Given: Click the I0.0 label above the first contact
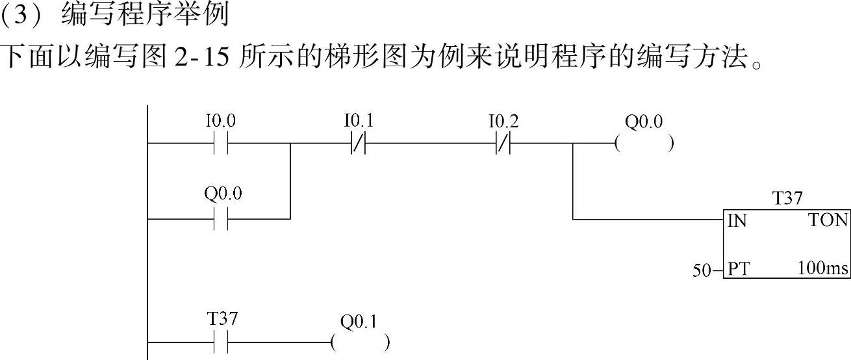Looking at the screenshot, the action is pyautogui.click(x=220, y=122).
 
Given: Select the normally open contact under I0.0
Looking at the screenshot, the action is pyautogui.click(x=220, y=144).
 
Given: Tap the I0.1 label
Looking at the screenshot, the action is pyautogui.click(x=359, y=122).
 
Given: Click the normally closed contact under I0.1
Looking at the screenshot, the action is pyautogui.click(x=359, y=144).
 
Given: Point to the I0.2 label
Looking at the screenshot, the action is pyautogui.click(x=503, y=122).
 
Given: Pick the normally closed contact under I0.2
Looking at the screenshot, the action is pyautogui.click(x=503, y=144).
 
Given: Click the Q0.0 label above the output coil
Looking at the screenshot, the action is pyautogui.click(x=644, y=122).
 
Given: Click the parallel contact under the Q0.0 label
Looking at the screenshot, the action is pyautogui.click(x=220, y=219).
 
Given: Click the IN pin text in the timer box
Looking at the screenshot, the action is pyautogui.click(x=737, y=221).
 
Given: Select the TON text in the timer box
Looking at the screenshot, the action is pyautogui.click(x=828, y=221).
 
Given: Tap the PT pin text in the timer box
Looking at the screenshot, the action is pyautogui.click(x=738, y=268).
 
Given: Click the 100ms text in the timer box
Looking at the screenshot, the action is pyautogui.click(x=823, y=268).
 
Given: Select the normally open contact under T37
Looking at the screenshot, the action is pyautogui.click(x=220, y=342).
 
